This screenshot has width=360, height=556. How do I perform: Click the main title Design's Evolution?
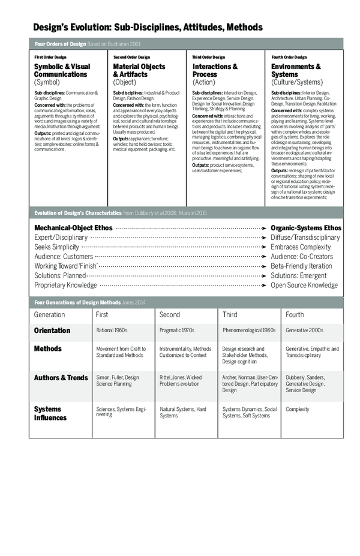pos(148,27)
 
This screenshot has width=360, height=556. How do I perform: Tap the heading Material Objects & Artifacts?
pos(139,70)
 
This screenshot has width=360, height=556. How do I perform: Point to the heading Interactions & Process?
pos(215,70)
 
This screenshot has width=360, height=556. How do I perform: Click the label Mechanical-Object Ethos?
pos(74,228)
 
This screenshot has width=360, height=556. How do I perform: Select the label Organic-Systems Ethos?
pos(306,228)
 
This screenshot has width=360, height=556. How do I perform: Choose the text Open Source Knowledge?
pos(304,285)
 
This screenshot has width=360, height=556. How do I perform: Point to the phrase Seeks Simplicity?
pos(57,247)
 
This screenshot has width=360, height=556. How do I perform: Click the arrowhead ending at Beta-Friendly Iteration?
pos(265,266)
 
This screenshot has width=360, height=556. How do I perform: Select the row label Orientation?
pos(52,330)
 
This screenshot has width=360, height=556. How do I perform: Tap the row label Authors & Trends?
pos(61,377)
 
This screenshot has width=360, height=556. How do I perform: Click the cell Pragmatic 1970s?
pos(177,330)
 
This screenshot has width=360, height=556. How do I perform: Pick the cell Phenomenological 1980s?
pos(248,330)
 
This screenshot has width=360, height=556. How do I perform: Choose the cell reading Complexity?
pos(298,410)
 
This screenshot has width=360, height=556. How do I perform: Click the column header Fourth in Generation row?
pos(295,314)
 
